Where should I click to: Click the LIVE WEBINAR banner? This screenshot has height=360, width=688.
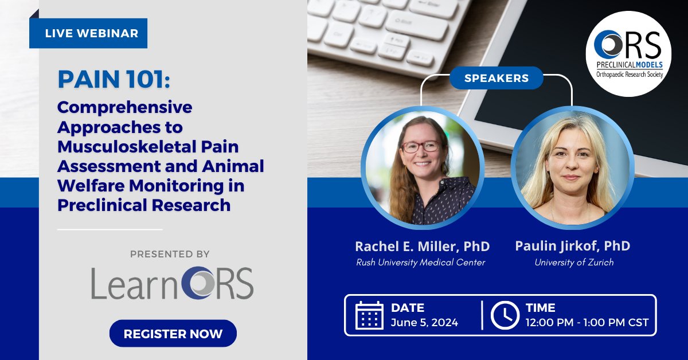tap(88, 33)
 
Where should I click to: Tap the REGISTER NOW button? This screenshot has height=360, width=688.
tap(173, 334)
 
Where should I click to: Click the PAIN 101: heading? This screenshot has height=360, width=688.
tap(114, 81)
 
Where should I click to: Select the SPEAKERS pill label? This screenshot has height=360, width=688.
tap(496, 78)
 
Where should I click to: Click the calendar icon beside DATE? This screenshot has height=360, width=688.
tap(369, 315)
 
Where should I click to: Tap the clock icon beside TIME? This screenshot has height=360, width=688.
tap(505, 315)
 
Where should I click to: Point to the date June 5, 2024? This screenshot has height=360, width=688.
tap(424, 322)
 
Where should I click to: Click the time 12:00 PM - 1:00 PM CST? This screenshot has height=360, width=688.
tap(587, 322)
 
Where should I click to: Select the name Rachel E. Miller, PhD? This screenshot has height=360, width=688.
tap(422, 246)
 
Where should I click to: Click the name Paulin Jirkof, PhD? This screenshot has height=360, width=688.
tap(572, 246)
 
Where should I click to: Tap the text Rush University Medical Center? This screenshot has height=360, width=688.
tap(421, 263)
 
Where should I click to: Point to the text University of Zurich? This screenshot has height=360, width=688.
tap(574, 263)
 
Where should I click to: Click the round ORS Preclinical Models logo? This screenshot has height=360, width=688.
tap(628, 53)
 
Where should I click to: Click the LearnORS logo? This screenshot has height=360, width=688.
tap(172, 282)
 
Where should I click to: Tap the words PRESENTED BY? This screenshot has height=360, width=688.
tap(170, 254)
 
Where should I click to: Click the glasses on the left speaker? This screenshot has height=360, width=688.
tap(420, 146)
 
